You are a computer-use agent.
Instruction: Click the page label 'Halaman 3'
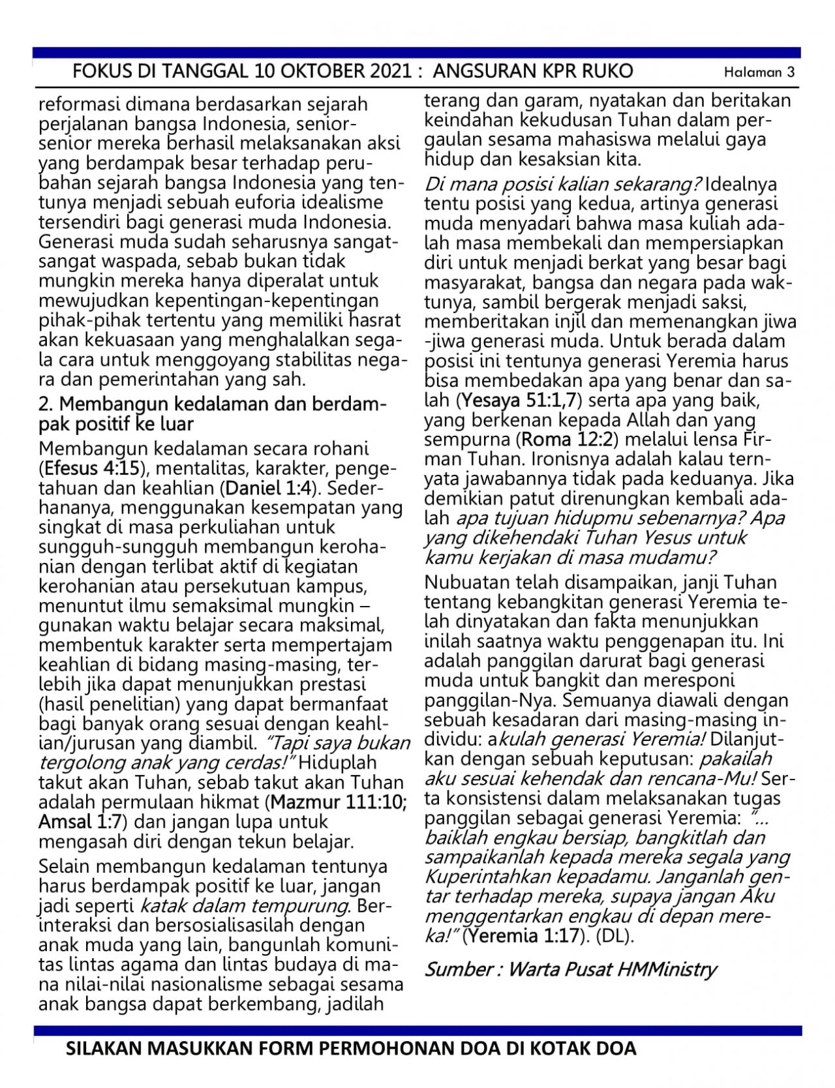click(x=759, y=72)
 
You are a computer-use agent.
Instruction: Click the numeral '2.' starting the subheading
click(x=47, y=405)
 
